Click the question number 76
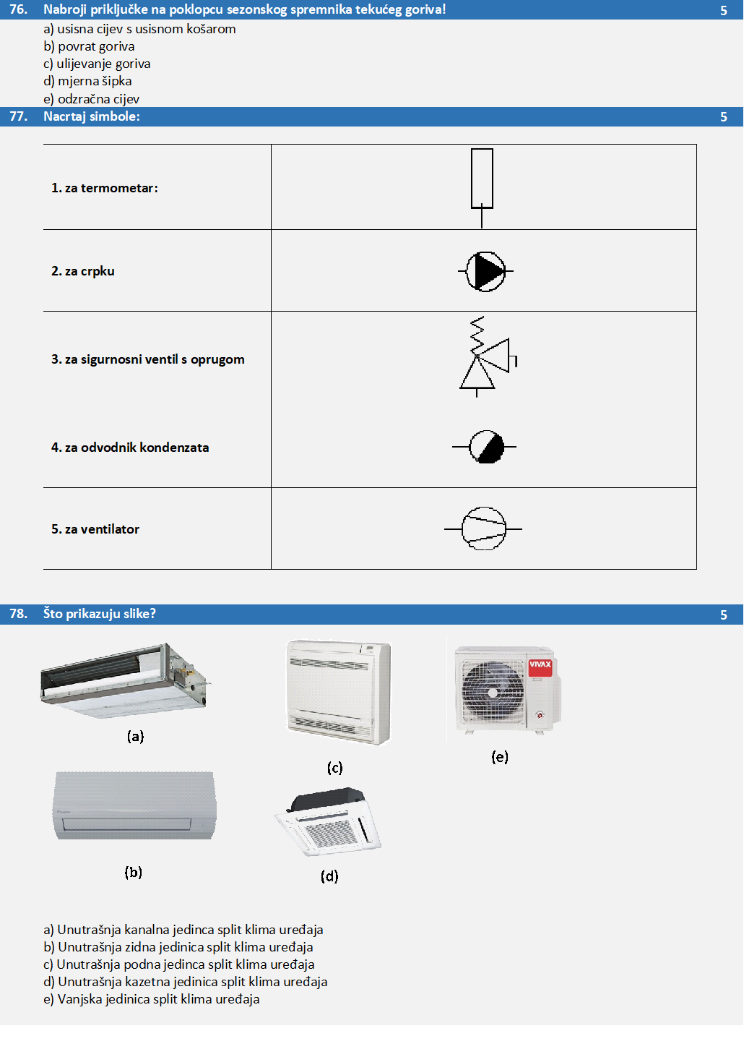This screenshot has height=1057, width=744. point(18,9)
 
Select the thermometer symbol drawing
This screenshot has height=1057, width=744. point(482,181)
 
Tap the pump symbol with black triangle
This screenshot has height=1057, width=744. point(485,272)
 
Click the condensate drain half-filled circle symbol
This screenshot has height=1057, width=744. point(486,447)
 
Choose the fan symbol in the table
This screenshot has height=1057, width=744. point(483,528)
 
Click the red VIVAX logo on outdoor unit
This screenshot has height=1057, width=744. point(540,665)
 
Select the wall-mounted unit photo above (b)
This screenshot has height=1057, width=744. point(134,805)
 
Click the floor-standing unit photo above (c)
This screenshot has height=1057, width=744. point(338,692)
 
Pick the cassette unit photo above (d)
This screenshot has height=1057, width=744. point(329,821)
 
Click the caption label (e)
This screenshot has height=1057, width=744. point(500,757)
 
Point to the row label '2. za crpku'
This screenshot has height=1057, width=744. point(83,271)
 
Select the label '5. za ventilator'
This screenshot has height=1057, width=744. point(95,529)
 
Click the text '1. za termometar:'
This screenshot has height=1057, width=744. point(105,188)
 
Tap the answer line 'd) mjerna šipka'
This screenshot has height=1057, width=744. point(87,81)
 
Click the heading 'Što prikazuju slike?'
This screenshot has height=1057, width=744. point(100,614)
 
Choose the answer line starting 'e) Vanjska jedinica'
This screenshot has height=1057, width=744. point(152,999)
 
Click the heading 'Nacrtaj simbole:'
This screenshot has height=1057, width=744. point(92,116)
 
